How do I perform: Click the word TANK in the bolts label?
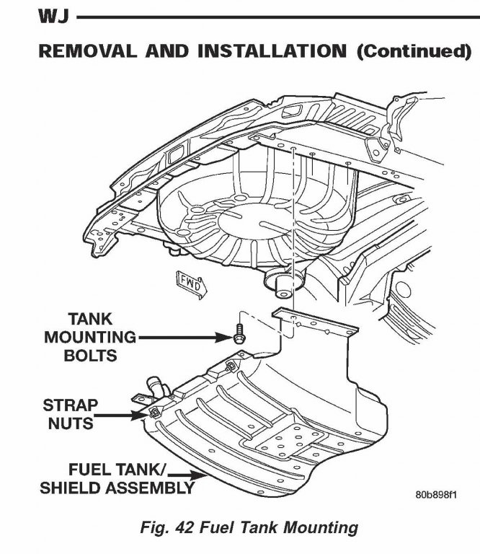[90, 318]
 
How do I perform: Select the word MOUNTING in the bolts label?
[90, 336]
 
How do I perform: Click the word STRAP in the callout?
[70, 405]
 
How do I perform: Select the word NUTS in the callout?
[70, 423]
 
